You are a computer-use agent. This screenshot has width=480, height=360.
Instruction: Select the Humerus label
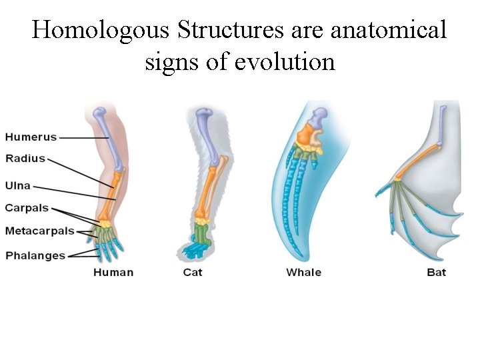tap(31, 137)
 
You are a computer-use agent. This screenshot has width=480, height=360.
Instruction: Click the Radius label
tap(25, 159)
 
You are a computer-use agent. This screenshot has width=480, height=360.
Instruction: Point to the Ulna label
tap(18, 186)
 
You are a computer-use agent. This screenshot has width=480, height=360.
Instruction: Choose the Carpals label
tap(27, 208)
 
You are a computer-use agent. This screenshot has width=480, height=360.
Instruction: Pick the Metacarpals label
tap(39, 231)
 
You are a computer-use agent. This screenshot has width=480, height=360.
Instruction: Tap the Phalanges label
tap(35, 255)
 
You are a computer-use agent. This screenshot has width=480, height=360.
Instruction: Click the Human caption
tap(113, 272)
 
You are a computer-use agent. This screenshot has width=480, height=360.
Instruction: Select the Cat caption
tap(193, 272)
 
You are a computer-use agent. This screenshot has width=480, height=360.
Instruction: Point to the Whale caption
tap(303, 272)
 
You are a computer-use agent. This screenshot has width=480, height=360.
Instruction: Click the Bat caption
tap(437, 272)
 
